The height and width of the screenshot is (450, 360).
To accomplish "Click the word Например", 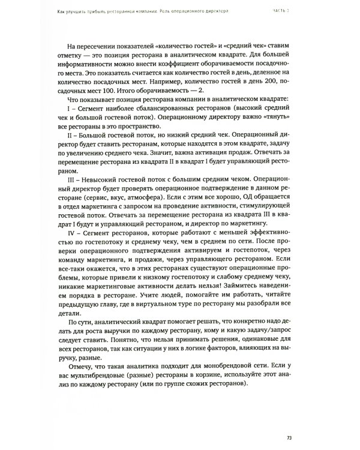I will (x=186, y=78).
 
